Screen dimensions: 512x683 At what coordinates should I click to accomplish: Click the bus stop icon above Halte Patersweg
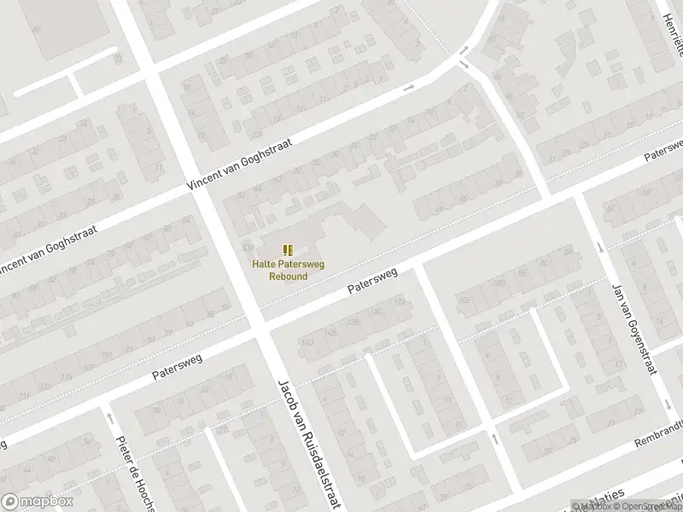289,249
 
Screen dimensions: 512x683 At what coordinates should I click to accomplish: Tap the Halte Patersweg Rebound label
288,270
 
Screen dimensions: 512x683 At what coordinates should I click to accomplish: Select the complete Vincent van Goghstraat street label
240,163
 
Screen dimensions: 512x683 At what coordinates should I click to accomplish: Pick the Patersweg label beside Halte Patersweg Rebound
372,282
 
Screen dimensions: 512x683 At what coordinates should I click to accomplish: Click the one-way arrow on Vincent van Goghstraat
409,87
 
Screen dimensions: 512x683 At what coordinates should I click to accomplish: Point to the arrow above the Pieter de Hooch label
110,417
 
